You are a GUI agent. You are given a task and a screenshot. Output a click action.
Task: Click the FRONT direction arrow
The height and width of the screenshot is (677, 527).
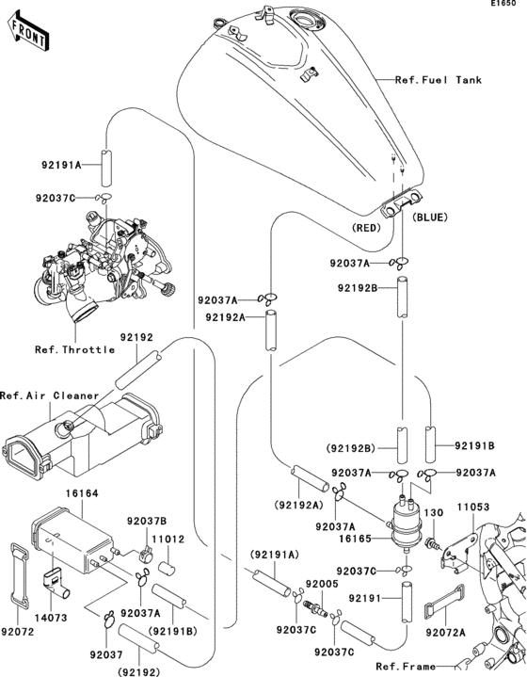[x=28, y=33]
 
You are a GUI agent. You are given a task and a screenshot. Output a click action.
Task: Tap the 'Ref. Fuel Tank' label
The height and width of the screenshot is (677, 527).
[x=439, y=80]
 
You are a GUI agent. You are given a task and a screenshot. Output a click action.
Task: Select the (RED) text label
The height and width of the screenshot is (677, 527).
[x=366, y=228]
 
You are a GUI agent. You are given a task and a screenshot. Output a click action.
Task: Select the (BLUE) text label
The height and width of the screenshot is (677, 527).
[x=430, y=218]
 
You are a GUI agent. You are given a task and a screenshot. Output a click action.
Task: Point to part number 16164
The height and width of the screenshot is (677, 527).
[x=82, y=493]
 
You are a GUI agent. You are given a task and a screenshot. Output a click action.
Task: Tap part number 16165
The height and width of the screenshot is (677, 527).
[x=355, y=539]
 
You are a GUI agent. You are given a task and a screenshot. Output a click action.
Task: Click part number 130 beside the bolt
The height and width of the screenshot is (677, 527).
[x=433, y=512]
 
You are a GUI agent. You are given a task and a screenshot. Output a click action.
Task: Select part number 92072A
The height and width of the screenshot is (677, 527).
[x=445, y=633]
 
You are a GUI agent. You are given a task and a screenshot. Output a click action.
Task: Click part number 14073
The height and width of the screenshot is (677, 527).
[x=51, y=618]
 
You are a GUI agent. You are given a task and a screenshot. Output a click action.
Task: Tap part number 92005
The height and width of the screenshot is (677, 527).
[x=322, y=584]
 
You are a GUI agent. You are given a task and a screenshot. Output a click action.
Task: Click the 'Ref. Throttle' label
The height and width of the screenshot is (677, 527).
[x=74, y=349]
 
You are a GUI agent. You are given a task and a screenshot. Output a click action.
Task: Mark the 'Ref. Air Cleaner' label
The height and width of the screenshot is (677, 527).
[x=49, y=395]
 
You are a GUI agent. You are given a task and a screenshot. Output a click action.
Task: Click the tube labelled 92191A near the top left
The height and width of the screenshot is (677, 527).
[x=106, y=168]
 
